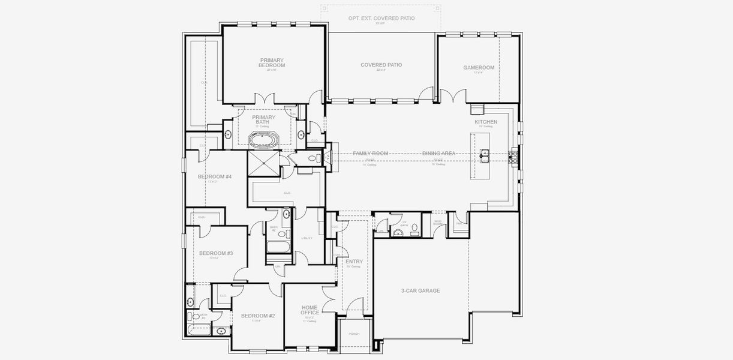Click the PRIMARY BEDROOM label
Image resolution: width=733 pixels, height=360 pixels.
[272, 62]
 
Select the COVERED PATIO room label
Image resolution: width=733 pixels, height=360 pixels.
[381, 65]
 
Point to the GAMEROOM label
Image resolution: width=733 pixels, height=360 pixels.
[479, 68]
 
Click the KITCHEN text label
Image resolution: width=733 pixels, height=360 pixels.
[486, 122]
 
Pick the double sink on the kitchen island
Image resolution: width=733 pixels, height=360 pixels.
[484, 155]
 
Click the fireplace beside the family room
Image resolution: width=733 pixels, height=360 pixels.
[328, 157]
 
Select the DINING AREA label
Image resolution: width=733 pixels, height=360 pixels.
[439, 154]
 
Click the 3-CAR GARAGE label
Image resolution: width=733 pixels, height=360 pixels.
[420, 290]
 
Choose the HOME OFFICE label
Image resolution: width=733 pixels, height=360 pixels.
[310, 310]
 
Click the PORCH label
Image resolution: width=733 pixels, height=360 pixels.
[354, 334]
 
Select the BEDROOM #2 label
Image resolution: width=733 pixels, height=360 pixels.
[258, 316]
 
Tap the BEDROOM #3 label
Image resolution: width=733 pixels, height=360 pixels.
[216, 253]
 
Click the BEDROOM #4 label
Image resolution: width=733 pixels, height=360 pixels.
[215, 176]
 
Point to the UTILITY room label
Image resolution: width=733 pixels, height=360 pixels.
[307, 238]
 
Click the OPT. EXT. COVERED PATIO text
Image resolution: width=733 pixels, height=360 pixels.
[381, 19]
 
